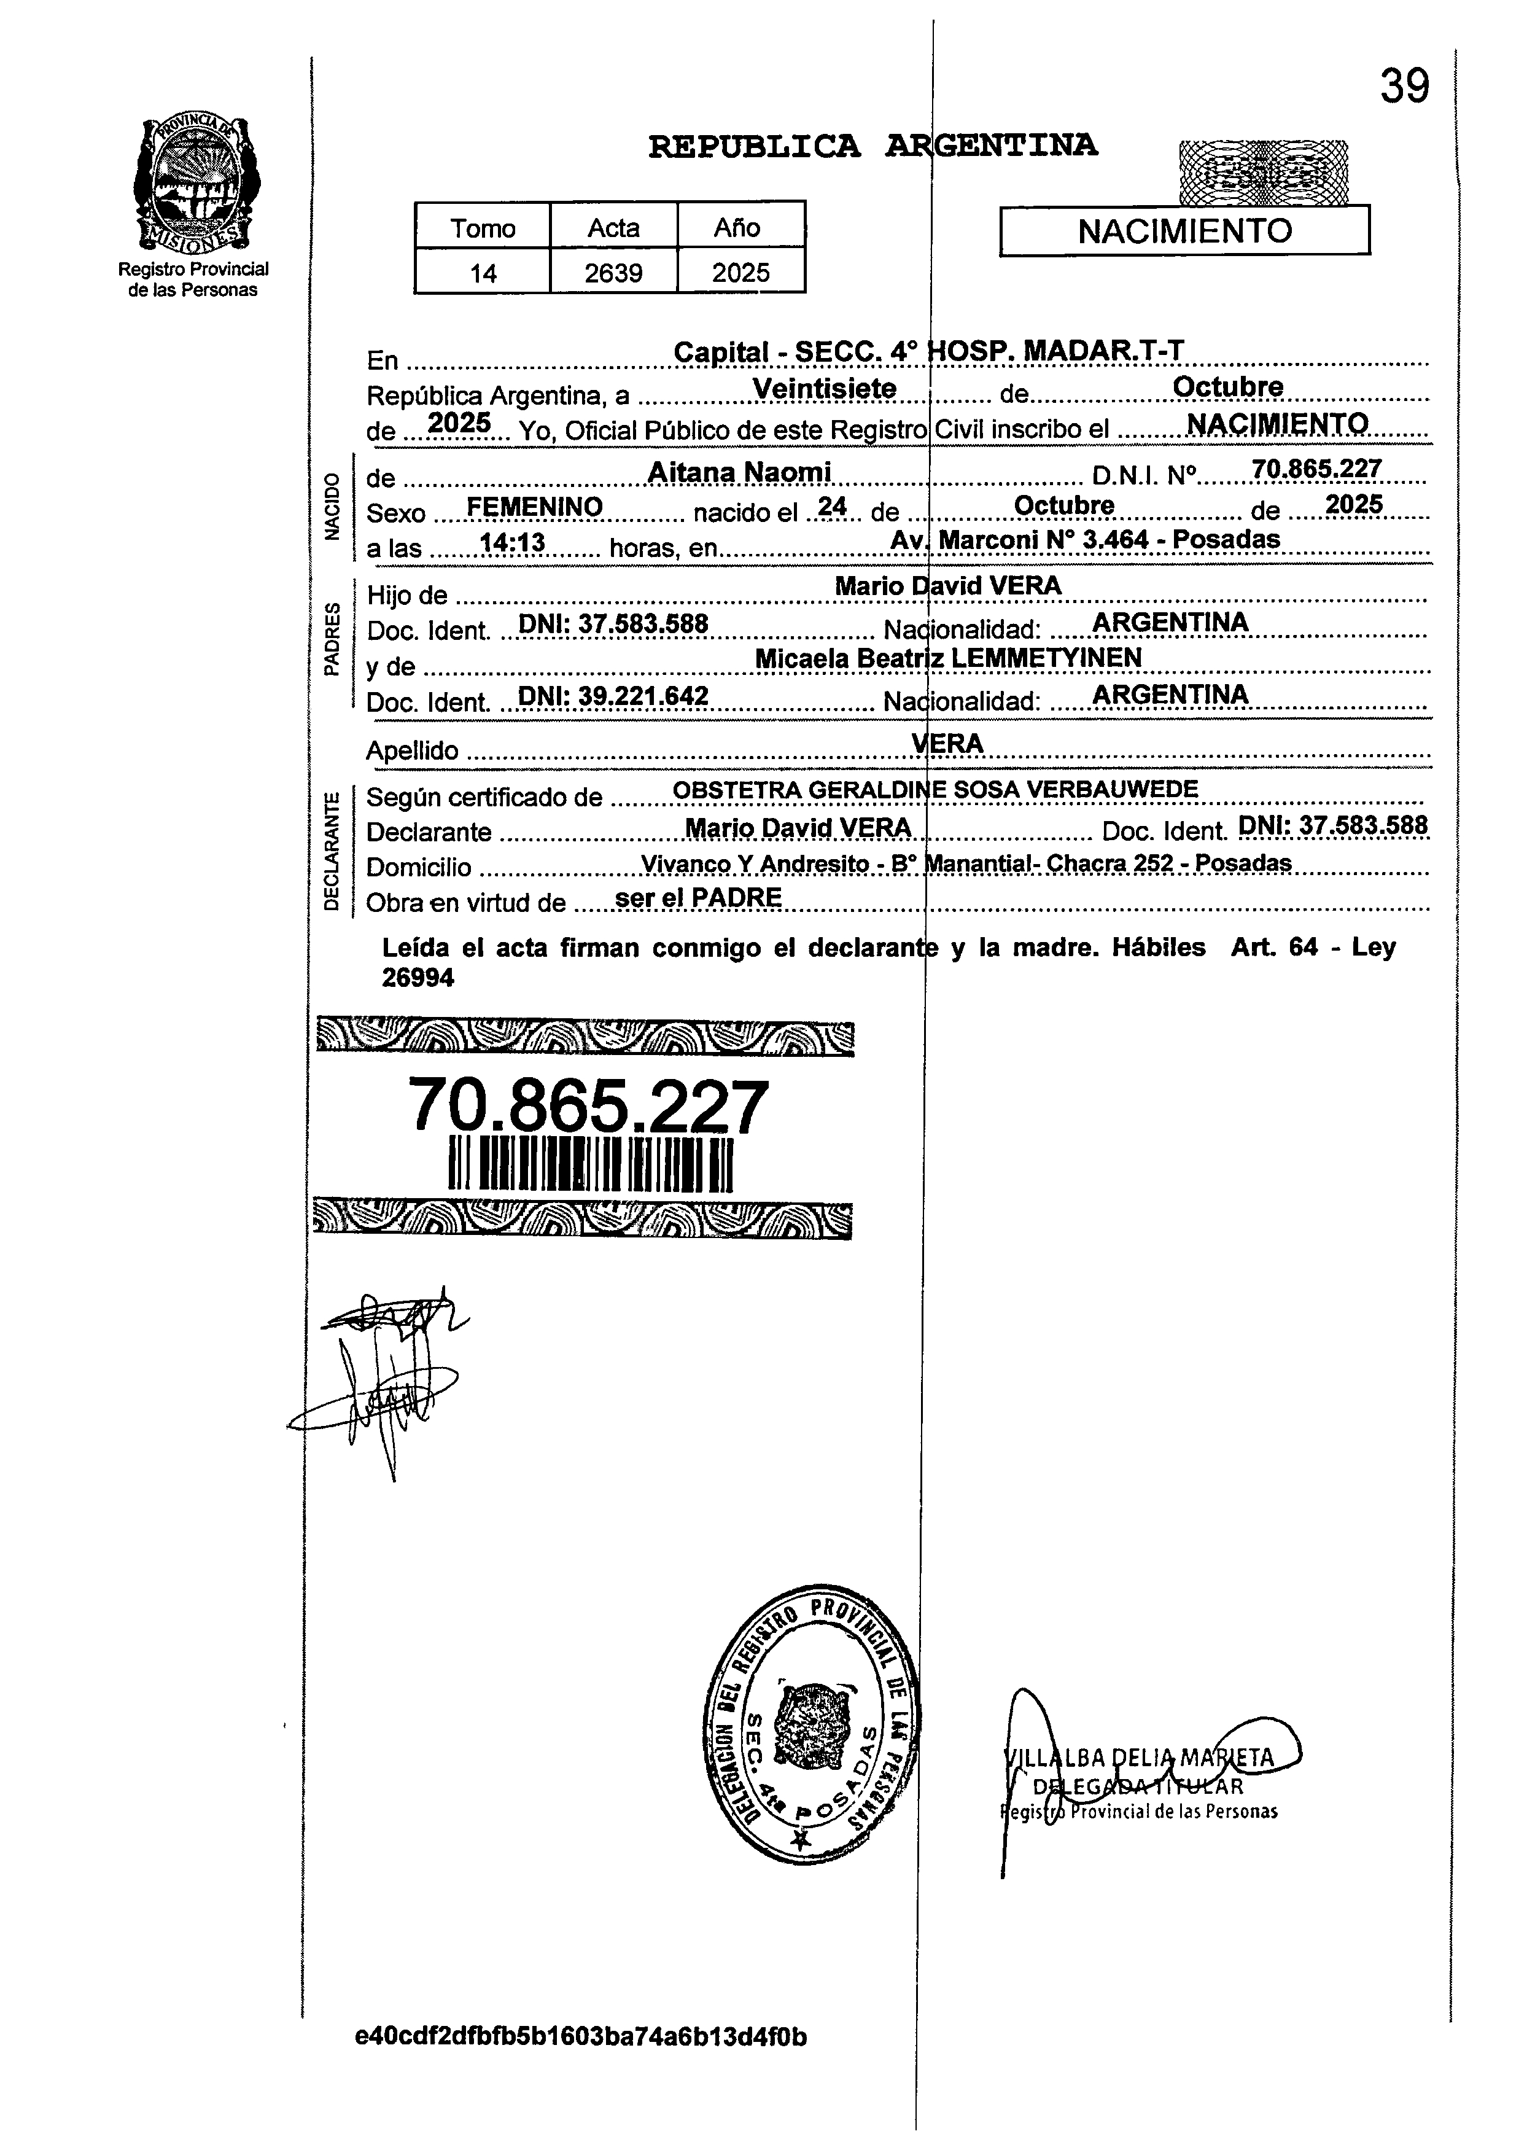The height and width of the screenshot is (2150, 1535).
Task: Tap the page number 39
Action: click(1405, 87)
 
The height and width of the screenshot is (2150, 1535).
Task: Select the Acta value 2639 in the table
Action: click(613, 273)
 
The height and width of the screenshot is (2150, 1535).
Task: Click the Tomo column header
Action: click(483, 228)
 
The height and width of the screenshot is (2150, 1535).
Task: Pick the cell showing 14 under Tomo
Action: click(483, 273)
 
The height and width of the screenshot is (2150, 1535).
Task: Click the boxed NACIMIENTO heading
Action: click(1184, 232)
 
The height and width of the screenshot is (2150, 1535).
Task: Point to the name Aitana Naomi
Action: click(739, 472)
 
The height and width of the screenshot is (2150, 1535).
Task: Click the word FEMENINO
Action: click(535, 508)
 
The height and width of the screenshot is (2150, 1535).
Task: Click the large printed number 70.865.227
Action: click(588, 1107)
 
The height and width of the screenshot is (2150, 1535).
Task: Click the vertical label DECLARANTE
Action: click(330, 852)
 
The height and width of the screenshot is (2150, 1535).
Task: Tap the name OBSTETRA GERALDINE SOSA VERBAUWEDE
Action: click(934, 790)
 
